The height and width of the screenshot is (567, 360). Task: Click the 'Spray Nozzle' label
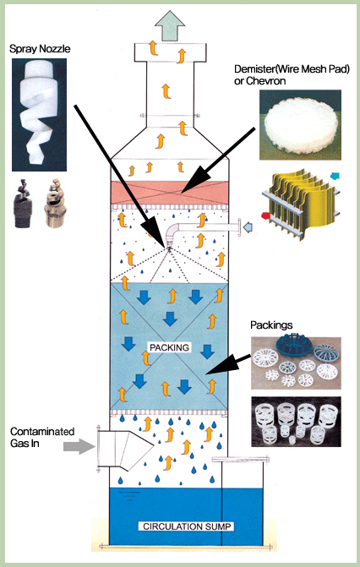40,49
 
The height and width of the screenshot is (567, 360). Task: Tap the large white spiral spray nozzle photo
39,115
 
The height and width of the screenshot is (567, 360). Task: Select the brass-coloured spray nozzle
53,203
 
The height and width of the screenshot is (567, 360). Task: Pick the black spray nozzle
23,203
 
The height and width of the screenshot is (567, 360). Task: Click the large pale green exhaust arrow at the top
170,25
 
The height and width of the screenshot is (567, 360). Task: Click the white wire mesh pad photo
300,125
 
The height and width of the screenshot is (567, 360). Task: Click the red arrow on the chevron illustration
265,215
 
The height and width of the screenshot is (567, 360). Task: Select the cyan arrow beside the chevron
335,176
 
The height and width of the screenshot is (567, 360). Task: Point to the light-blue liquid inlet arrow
248,227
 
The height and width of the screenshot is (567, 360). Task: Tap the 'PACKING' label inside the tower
169,347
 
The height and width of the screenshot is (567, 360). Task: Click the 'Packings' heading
271,325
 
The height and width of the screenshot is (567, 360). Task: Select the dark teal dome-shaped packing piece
293,346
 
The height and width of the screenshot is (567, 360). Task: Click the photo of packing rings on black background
296,422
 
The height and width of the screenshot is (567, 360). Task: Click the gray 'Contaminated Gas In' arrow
79,446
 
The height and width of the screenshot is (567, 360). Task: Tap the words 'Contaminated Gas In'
42,437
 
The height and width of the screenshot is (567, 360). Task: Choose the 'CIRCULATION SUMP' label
186,526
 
